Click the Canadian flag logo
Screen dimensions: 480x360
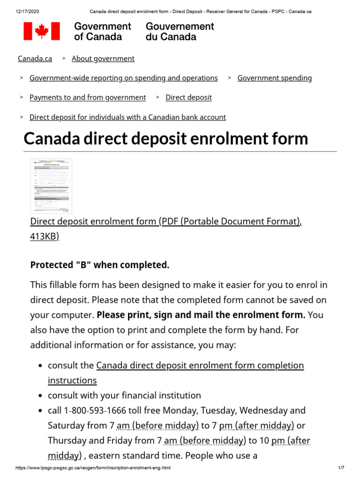click(x=42, y=31)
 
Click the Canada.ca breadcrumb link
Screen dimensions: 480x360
click(x=35, y=59)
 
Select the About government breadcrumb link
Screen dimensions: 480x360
click(x=103, y=59)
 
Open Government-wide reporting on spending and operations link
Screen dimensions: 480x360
click(x=123, y=78)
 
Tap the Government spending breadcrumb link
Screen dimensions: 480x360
click(x=274, y=78)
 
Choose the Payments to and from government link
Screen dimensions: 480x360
click(x=88, y=97)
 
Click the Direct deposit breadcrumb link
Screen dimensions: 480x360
click(x=188, y=97)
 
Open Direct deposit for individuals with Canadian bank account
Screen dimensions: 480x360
click(x=127, y=117)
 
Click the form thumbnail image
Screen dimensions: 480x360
click(x=51, y=186)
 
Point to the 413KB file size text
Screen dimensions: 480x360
click(x=45, y=237)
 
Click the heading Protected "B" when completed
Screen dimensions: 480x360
click(x=99, y=265)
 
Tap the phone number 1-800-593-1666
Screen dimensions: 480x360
click(x=97, y=411)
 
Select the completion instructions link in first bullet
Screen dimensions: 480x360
click(x=200, y=366)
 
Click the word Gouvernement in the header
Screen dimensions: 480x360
click(x=180, y=26)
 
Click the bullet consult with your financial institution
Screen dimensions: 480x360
click(x=124, y=396)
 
